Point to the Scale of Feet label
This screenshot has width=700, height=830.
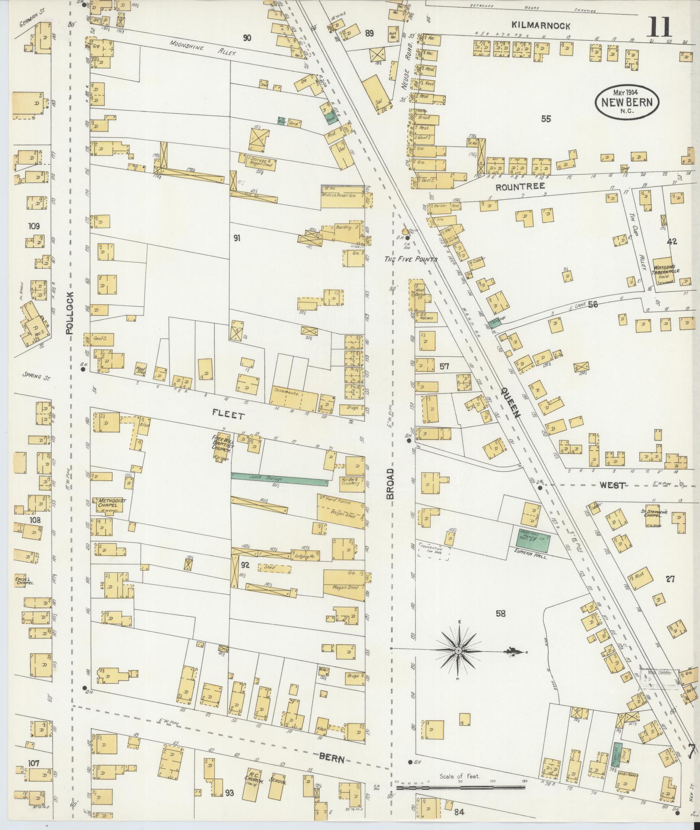click(460, 776)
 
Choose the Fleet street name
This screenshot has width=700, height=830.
click(228, 415)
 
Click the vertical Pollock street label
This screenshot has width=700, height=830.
click(70, 312)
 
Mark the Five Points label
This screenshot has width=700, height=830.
click(411, 259)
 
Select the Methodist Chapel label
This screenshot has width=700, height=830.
click(111, 503)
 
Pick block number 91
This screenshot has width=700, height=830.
click(237, 238)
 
